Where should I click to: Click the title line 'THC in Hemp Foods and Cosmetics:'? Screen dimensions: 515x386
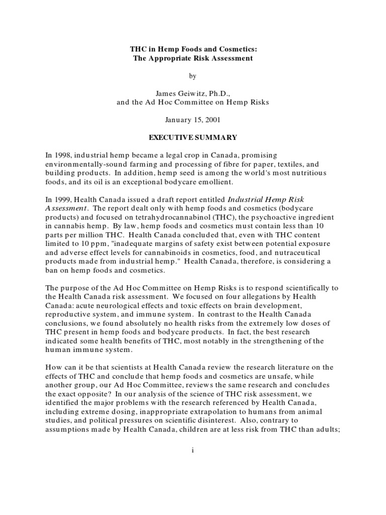192,49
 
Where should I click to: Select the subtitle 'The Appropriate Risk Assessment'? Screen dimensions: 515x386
192,58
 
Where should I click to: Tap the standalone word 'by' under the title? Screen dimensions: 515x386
192,76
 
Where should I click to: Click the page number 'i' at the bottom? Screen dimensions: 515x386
192,451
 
